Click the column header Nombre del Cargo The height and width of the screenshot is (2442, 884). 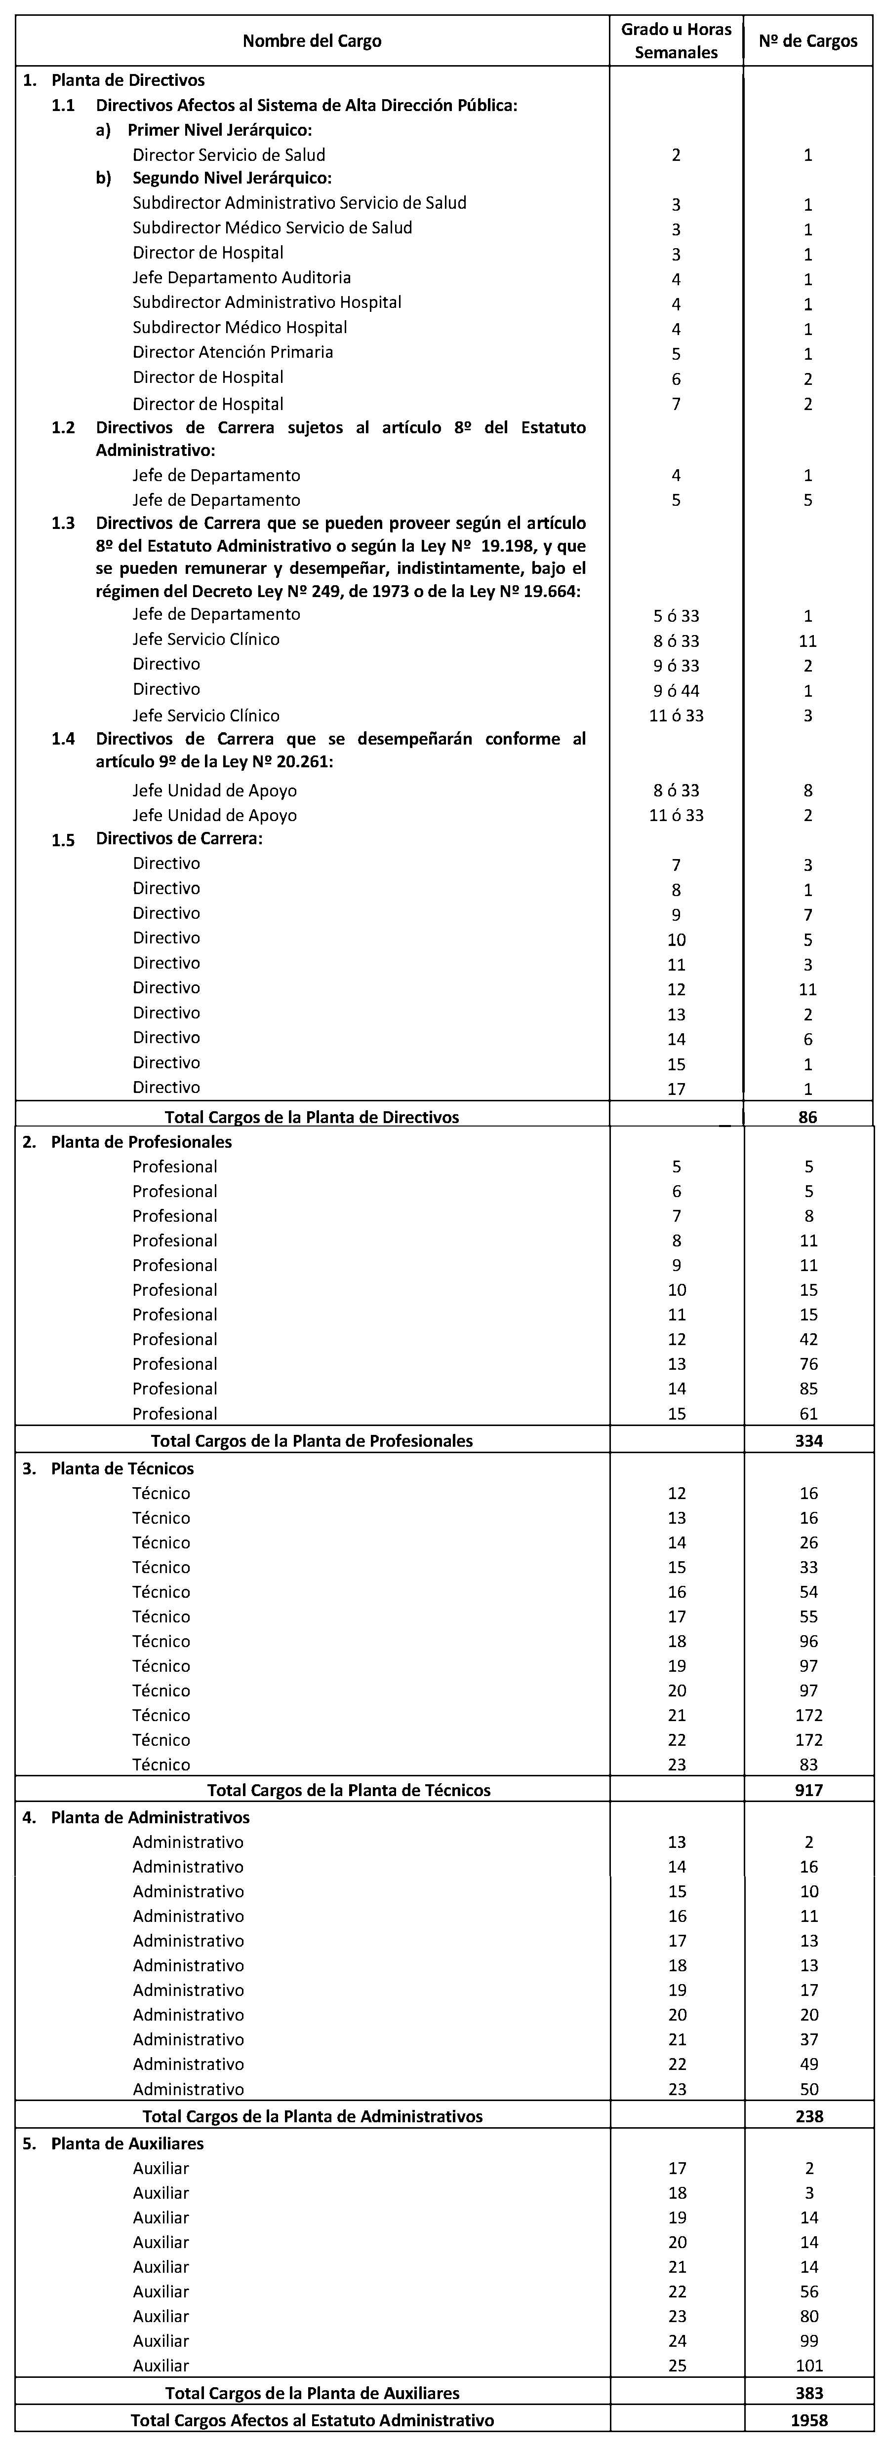(312, 41)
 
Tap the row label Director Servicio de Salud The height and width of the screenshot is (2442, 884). (229, 154)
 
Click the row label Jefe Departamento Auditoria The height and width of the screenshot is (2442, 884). (242, 278)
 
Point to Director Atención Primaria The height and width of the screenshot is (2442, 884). (233, 352)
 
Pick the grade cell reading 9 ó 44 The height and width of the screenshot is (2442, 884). (676, 690)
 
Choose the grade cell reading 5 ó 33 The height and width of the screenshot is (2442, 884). (676, 615)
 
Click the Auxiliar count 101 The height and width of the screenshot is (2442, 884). (809, 2365)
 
